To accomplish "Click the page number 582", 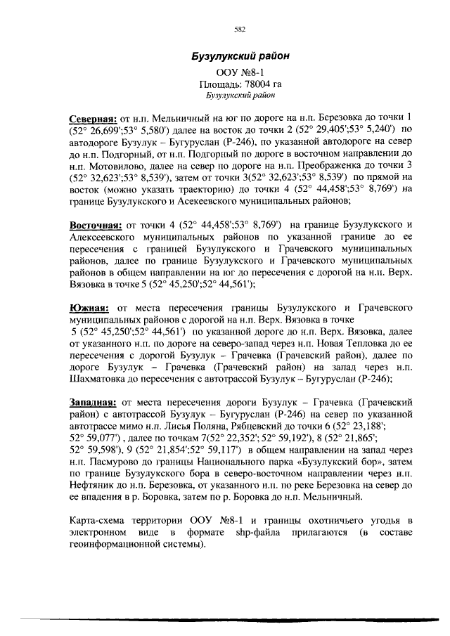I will (239, 29).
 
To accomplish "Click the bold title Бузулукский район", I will (241, 56).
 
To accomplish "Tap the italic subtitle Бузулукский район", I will (241, 94).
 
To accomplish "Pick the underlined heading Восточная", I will (95, 225).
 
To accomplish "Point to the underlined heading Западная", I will (92, 403).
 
